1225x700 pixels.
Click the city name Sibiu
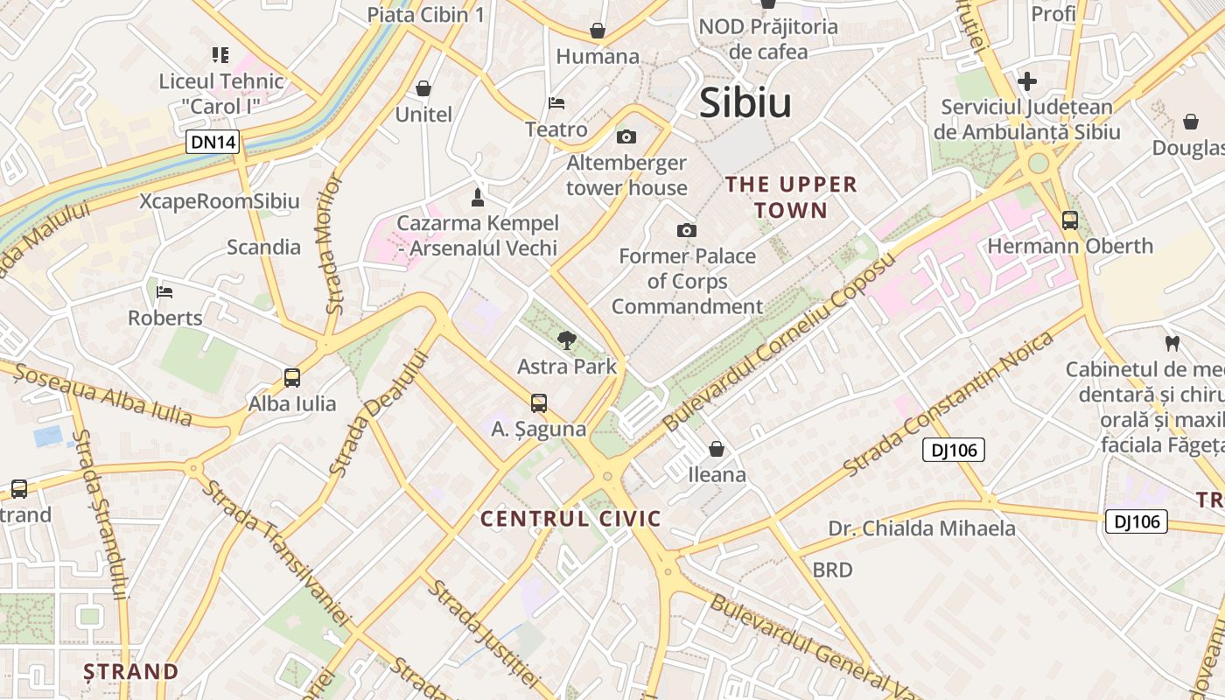745,103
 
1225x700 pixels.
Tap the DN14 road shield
213,142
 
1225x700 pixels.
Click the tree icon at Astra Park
567,340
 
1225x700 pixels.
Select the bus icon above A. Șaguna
539,403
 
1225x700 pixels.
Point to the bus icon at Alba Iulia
292,378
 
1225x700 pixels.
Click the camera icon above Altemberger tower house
626,136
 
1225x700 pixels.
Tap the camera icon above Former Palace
687,230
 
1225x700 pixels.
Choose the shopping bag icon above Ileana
717,449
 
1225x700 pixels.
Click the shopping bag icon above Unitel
423,88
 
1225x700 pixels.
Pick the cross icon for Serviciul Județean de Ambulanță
1027,82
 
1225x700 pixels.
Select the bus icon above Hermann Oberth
1069,220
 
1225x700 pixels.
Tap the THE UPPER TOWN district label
791,197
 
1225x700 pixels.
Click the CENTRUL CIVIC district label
570,519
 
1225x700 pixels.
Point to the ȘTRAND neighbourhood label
131,672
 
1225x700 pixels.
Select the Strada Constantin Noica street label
950,403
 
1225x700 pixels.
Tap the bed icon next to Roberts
164,291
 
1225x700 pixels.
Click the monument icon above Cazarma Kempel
478,195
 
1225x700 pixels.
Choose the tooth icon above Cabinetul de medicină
1172,343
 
